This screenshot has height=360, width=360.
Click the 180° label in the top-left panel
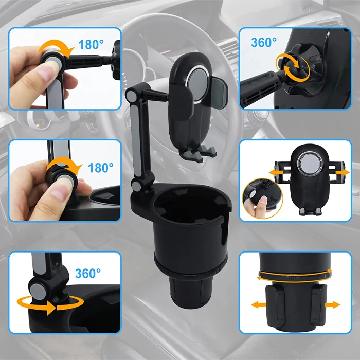(91, 44)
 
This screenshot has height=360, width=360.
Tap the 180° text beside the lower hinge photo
(101, 168)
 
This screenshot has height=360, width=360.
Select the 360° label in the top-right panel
(264, 43)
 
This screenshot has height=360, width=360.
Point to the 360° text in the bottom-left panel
(88, 273)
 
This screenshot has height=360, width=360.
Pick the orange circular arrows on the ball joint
(293, 67)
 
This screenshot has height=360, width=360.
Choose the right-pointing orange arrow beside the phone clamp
(343, 172)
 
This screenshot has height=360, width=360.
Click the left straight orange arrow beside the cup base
(259, 305)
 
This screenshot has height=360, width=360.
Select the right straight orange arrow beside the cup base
(332, 305)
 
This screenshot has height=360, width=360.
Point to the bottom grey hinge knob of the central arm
(137, 186)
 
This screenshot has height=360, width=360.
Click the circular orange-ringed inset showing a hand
(262, 199)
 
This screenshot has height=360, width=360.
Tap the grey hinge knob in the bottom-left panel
(38, 292)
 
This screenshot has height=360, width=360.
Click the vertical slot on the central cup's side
(223, 237)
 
